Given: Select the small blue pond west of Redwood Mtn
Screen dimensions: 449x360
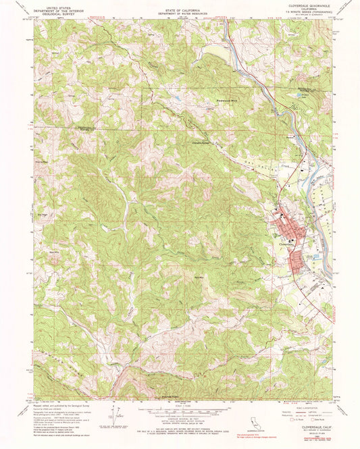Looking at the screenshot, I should (x=178, y=99).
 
